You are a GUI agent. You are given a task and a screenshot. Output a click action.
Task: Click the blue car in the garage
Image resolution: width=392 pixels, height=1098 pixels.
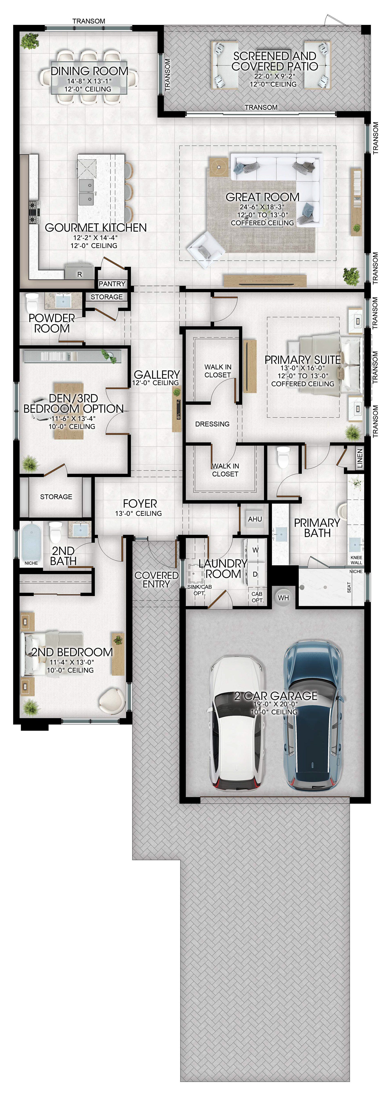314,716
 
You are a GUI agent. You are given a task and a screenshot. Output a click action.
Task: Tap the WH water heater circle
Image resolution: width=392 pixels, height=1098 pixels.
283,598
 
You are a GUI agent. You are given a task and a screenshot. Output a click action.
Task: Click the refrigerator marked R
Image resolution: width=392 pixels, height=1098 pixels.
79,271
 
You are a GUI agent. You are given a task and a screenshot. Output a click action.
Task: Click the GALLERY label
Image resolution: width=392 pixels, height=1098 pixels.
157,374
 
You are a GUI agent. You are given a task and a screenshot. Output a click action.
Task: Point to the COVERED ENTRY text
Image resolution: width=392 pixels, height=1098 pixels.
157,580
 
